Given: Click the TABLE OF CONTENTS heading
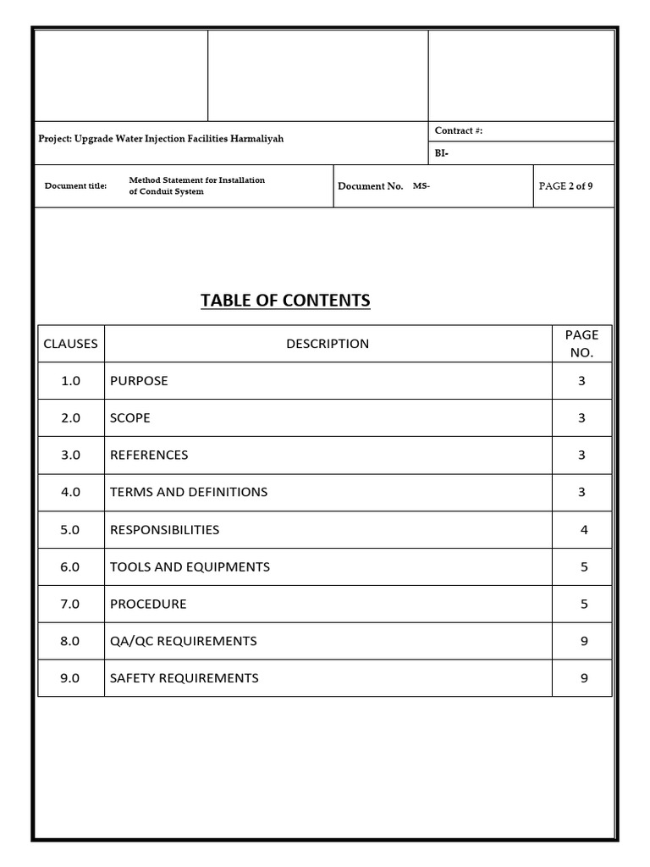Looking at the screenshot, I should (285, 301).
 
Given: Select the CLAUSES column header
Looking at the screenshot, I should (70, 344).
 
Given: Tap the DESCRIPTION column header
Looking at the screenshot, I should (328, 344).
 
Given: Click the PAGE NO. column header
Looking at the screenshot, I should (581, 344).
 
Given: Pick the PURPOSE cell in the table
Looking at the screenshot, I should (139, 381).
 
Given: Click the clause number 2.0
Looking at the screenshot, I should (70, 418).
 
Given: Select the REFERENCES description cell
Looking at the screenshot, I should (149, 456).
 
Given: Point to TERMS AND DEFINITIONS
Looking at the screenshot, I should (189, 492).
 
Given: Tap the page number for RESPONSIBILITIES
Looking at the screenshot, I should (584, 530).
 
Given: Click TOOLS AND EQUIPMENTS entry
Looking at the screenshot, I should (190, 567).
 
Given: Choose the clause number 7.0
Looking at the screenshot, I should (70, 605).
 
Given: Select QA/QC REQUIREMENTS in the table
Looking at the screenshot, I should (183, 642).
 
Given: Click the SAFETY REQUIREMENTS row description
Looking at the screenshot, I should (184, 678).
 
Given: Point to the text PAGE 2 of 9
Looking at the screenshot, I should (565, 186).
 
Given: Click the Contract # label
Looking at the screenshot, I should (458, 131).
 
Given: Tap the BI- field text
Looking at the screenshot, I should (442, 154).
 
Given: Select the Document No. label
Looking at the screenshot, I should (370, 186).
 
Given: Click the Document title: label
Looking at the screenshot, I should (75, 186).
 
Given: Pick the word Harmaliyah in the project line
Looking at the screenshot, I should (255, 138).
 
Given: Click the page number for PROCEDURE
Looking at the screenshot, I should (584, 605).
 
